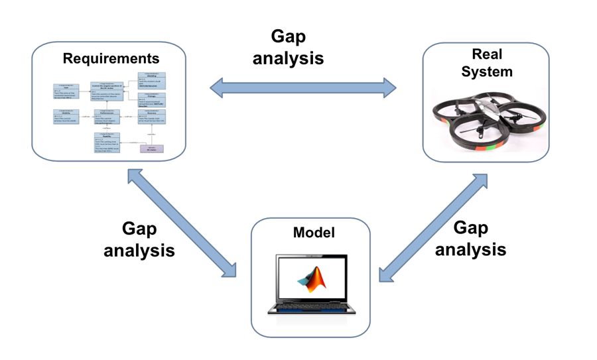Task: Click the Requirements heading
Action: coord(111,58)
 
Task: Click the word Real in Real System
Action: coord(485,54)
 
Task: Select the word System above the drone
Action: coord(485,70)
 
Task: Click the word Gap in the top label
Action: coord(288,36)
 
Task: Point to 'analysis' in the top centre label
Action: coord(288,58)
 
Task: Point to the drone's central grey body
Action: coord(487,109)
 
